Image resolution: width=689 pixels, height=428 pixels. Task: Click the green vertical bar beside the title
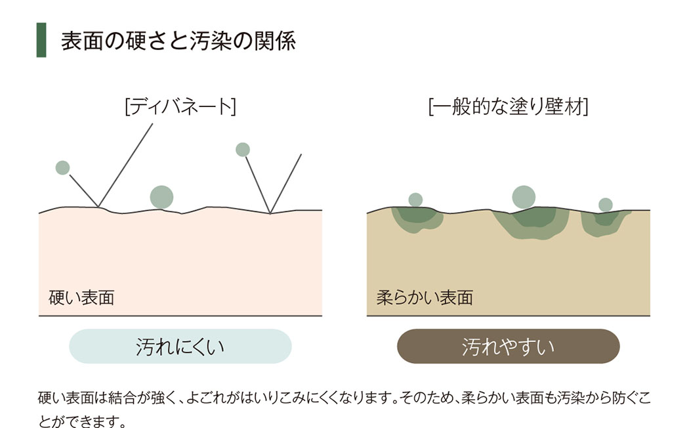pos(41,40)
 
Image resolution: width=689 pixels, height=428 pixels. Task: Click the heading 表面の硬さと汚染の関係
pos(178,41)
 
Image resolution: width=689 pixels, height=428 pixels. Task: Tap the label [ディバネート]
pos(180,107)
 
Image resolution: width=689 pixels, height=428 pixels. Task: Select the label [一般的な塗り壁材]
pos(509,107)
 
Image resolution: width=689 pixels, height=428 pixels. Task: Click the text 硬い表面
pos(82,298)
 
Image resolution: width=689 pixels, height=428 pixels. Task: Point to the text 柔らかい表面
pos(425,298)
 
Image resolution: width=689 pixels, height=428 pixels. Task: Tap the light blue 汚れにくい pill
pos(180,346)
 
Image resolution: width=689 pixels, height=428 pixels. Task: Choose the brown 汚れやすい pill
pos(509,346)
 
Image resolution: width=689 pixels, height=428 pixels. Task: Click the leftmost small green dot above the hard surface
pos(63,167)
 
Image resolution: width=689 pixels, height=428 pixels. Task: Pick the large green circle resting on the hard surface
pos(161,198)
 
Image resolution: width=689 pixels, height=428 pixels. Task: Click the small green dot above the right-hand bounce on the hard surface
pos(243,150)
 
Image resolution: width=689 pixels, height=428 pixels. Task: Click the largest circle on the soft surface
pos(524,198)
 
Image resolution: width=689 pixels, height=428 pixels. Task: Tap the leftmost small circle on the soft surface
pos(415,200)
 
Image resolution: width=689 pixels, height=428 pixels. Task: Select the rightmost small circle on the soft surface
pos(606,205)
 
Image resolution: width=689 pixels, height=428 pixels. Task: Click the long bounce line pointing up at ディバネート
pos(125,165)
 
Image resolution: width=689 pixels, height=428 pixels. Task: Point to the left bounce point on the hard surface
pos(98,207)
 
